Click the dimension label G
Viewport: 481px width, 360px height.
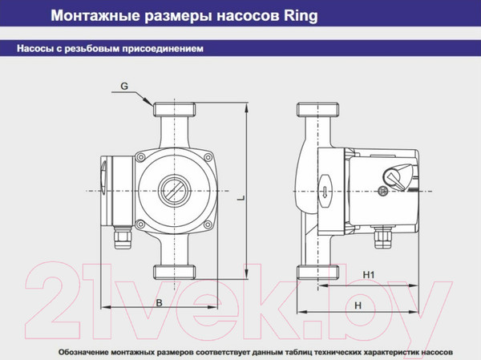(124, 86)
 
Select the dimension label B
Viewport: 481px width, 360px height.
(159, 302)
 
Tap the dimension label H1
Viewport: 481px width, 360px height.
(369, 275)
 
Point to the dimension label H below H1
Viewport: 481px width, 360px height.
(358, 305)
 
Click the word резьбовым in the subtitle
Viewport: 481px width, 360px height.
(92, 49)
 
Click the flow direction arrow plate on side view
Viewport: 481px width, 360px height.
(323, 192)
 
